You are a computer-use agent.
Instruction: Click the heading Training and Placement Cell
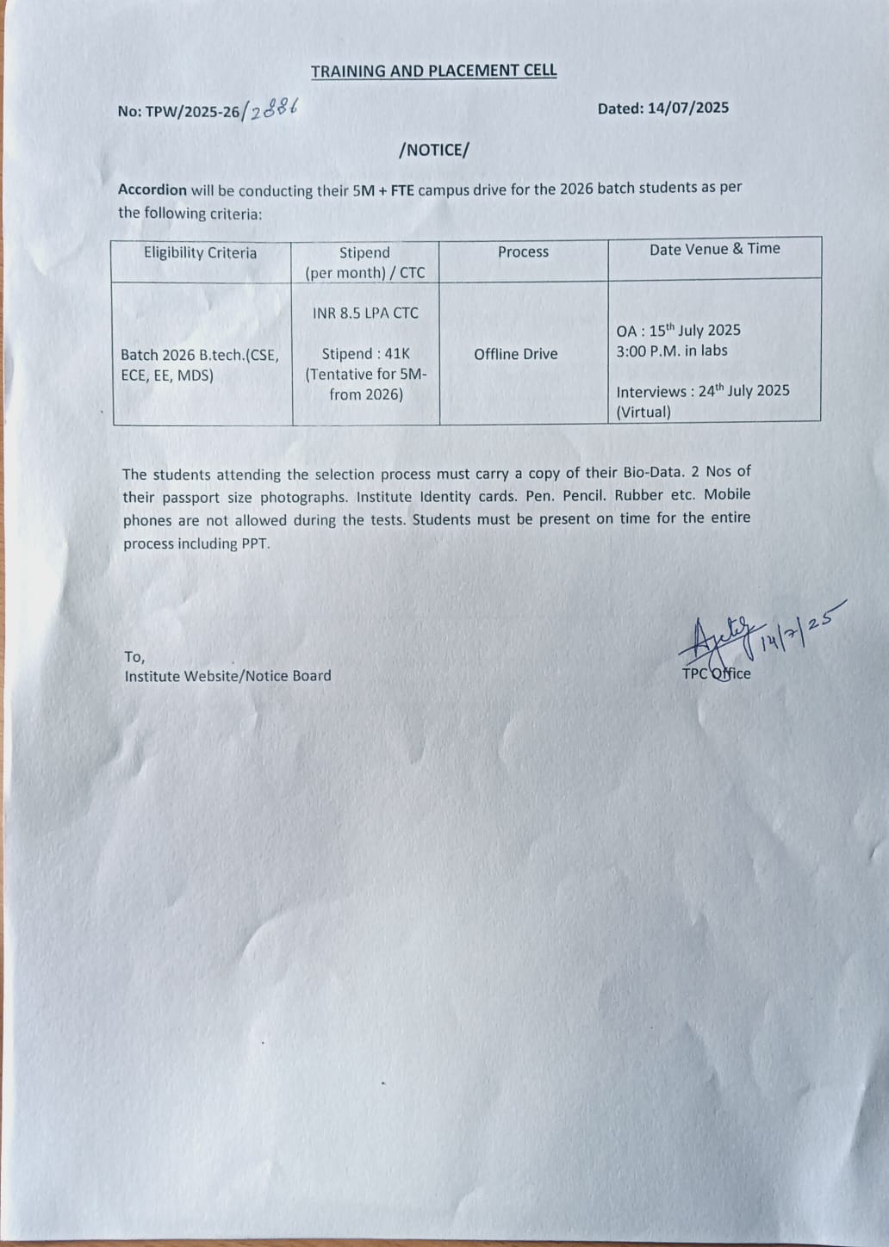[433, 71]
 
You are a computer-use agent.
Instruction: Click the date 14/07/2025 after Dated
[688, 109]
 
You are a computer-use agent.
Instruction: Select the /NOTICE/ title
[434, 150]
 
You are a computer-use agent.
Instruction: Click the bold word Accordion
[152, 190]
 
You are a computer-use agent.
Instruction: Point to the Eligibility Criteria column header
[200, 253]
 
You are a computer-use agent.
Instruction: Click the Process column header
[523, 252]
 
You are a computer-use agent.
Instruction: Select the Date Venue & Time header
[714, 249]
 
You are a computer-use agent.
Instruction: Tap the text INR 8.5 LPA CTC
[365, 313]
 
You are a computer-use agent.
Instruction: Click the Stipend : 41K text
[365, 354]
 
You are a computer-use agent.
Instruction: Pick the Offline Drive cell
[515, 354]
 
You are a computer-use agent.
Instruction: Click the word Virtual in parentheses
[643, 412]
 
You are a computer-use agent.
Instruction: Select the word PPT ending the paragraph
[255, 544]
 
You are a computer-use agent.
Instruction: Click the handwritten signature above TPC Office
[721, 635]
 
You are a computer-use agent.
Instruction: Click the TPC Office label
[716, 674]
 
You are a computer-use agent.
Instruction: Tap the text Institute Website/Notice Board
[227, 677]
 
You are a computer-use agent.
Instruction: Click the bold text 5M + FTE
[382, 190]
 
